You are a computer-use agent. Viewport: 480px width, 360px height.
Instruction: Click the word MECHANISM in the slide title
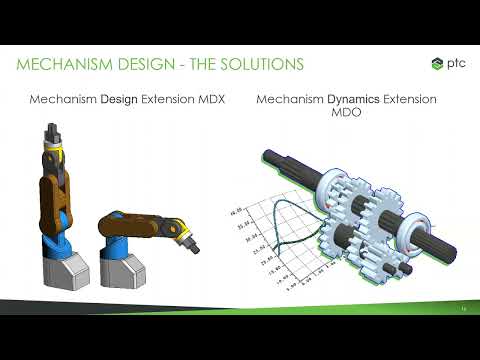tap(62, 64)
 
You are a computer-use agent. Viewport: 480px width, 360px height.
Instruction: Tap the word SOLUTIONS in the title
tap(258, 64)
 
